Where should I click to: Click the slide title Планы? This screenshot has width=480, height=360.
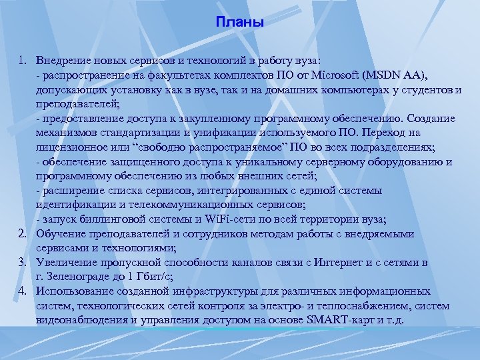[240, 23]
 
